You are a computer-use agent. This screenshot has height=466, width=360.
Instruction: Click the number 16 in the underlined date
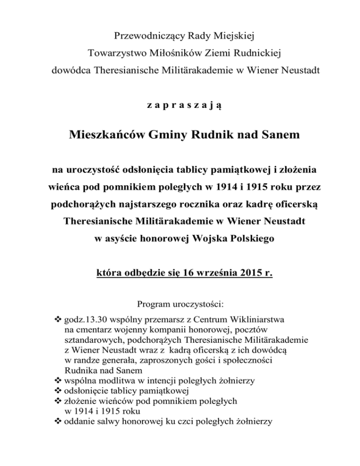coord(192,271)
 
